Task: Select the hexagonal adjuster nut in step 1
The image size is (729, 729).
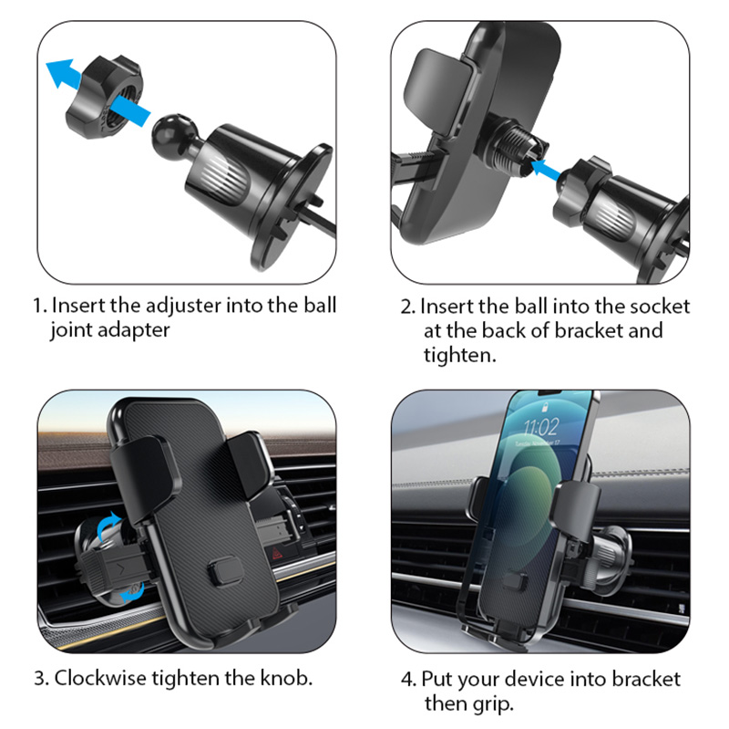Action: [x=104, y=97]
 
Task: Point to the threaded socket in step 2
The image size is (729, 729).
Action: [x=516, y=148]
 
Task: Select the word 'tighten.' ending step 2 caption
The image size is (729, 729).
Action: [x=460, y=356]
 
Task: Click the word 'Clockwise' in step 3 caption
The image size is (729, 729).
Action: [x=100, y=678]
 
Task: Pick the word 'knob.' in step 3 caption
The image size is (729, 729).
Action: [x=286, y=678]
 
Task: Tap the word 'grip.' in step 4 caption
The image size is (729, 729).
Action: [x=493, y=703]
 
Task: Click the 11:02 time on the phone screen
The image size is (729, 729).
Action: [x=541, y=426]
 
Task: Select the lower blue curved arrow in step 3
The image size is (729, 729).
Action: [x=132, y=592]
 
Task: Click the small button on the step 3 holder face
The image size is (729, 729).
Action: [x=225, y=571]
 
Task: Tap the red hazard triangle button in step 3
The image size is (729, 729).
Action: [x=277, y=554]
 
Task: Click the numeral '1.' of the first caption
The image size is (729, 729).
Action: [x=40, y=307]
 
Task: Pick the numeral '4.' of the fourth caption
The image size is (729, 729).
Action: [x=408, y=680]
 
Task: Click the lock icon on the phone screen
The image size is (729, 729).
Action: [x=544, y=408]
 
